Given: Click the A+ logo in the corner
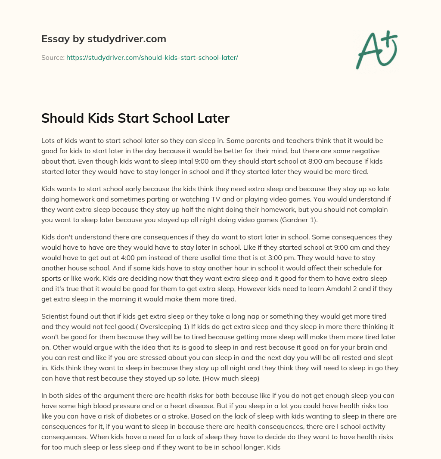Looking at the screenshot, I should click(x=376, y=50).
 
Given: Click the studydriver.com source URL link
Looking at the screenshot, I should click(x=152, y=57).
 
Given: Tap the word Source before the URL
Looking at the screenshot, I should click(x=53, y=57).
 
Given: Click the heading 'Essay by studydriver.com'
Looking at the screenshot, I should click(x=103, y=39).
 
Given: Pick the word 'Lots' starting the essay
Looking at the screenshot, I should click(x=49, y=140).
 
